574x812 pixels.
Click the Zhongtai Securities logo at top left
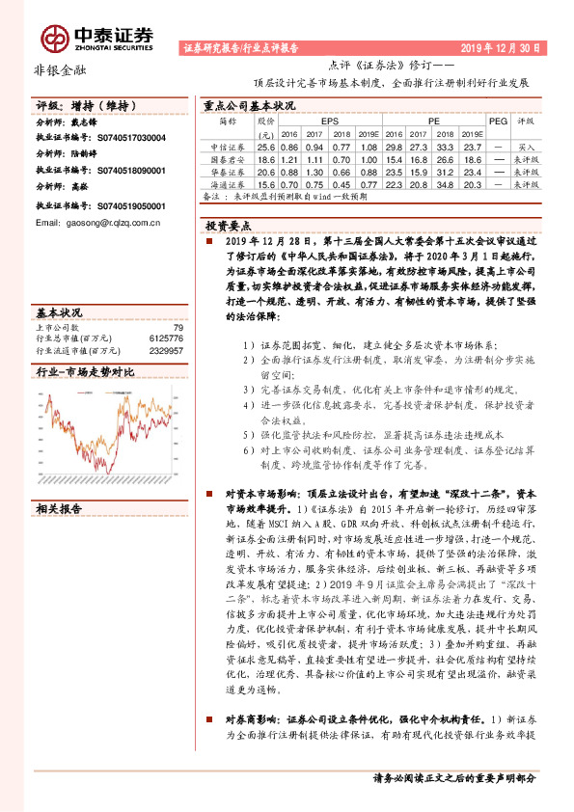96,36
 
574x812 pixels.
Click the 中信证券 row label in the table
228,145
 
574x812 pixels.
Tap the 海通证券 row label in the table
228,183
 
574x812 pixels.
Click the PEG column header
498,122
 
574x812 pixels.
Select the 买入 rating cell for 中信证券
525,145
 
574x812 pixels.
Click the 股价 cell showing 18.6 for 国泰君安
266,157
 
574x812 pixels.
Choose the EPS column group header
330,122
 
